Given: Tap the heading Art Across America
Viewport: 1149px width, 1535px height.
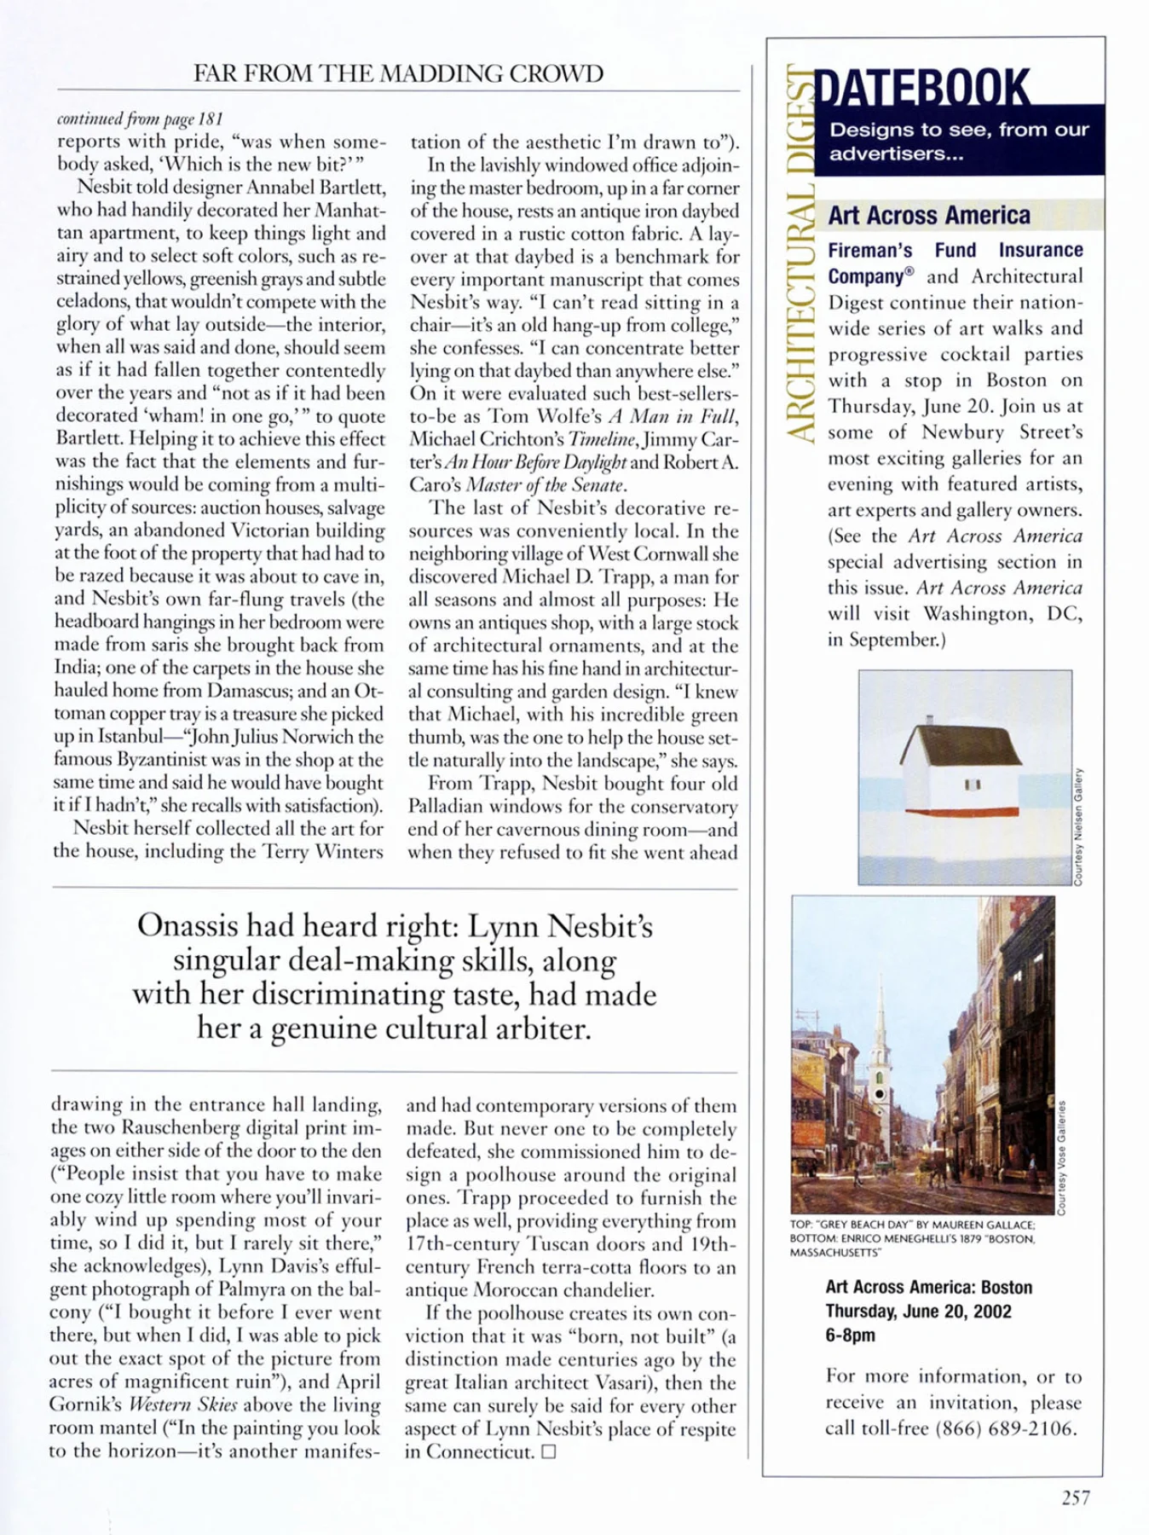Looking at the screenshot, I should tap(929, 216).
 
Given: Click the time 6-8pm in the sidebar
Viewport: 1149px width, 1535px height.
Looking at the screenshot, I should tap(850, 1335).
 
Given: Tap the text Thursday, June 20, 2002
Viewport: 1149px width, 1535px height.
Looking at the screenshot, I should tap(918, 1312).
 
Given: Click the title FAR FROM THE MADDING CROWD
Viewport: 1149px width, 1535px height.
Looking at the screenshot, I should tap(398, 73).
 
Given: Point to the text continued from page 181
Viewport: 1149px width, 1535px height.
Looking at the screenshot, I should tap(139, 119).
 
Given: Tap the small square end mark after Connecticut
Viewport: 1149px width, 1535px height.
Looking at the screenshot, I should tap(548, 1452).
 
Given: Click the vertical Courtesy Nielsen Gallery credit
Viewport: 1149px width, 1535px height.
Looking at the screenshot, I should tap(1078, 825).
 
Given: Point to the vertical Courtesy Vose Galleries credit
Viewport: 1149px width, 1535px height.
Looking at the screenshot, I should tap(1061, 1157).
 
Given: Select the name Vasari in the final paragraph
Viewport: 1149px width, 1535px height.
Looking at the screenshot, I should tap(640, 1382).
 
